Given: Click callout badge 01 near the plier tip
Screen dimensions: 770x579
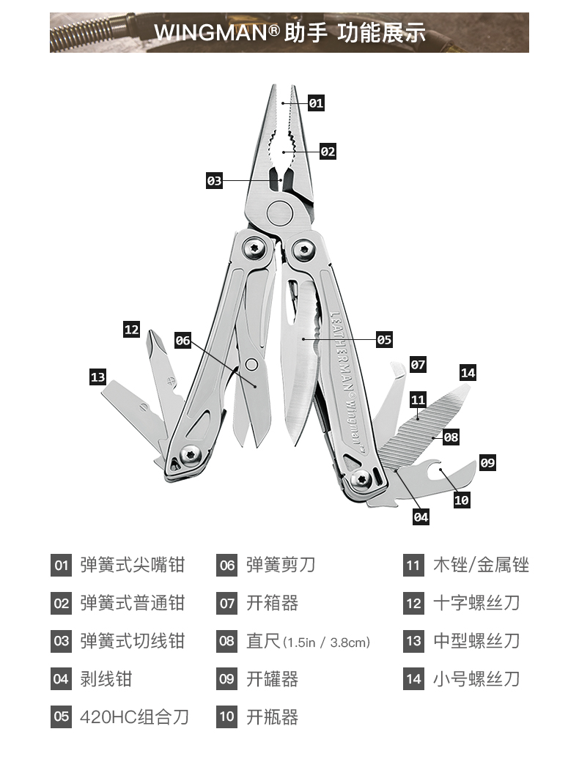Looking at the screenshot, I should tap(316, 103).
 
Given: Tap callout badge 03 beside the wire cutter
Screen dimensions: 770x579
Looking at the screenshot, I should tap(214, 180).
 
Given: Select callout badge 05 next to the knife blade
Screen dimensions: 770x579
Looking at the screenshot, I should tap(384, 340).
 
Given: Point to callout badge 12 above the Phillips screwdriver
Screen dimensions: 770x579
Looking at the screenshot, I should tap(131, 330).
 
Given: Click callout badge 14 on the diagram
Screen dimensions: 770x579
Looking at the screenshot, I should tap(468, 373).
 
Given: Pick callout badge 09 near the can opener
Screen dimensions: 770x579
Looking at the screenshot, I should tap(487, 463).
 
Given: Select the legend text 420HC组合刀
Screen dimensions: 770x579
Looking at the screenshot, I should tap(134, 717).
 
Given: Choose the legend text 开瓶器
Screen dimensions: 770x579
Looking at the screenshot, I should tap(272, 717).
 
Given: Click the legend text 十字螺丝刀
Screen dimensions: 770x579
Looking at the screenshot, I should tap(476, 603).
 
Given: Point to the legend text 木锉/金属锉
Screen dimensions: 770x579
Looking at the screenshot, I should tap(481, 565).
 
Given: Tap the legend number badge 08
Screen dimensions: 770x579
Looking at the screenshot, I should tap(227, 642).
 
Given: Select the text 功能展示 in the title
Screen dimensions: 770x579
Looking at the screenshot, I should tap(381, 33).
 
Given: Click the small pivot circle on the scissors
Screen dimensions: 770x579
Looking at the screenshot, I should tap(252, 364).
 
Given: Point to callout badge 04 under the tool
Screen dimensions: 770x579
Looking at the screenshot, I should tap(421, 517).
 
